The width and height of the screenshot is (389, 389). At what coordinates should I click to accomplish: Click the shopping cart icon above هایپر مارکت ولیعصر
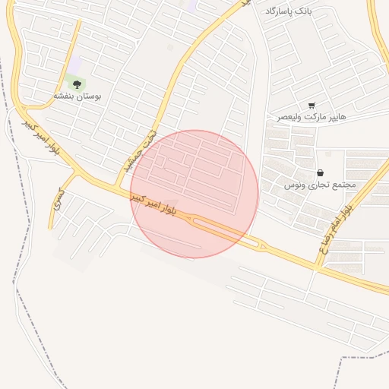coord(312,105)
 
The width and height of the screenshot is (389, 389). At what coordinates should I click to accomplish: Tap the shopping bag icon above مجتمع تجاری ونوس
coord(320,173)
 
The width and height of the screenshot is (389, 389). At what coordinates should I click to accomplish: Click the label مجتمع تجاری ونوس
coord(319,185)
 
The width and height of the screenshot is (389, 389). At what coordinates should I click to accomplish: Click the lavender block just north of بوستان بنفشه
coord(75,66)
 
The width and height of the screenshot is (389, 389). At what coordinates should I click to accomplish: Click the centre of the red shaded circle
coord(194,194)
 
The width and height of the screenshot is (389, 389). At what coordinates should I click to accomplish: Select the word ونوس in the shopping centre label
coord(295,185)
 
